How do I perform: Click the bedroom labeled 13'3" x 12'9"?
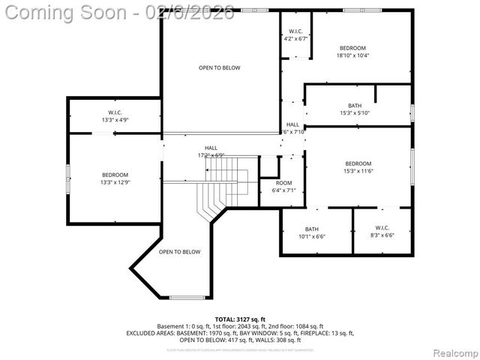coord(115,178)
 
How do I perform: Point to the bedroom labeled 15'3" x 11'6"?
coord(358,168)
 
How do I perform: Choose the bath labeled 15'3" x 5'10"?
coord(355,109)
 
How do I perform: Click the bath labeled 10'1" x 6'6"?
coord(311,232)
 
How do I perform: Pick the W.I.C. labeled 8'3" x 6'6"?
coord(382,232)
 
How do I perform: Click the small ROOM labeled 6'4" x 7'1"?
coord(283,187)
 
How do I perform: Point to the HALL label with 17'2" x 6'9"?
coord(211,152)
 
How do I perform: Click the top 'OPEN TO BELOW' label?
coord(219,68)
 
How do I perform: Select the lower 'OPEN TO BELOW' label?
coord(179,252)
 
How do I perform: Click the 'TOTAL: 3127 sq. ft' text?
coord(240,319)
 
